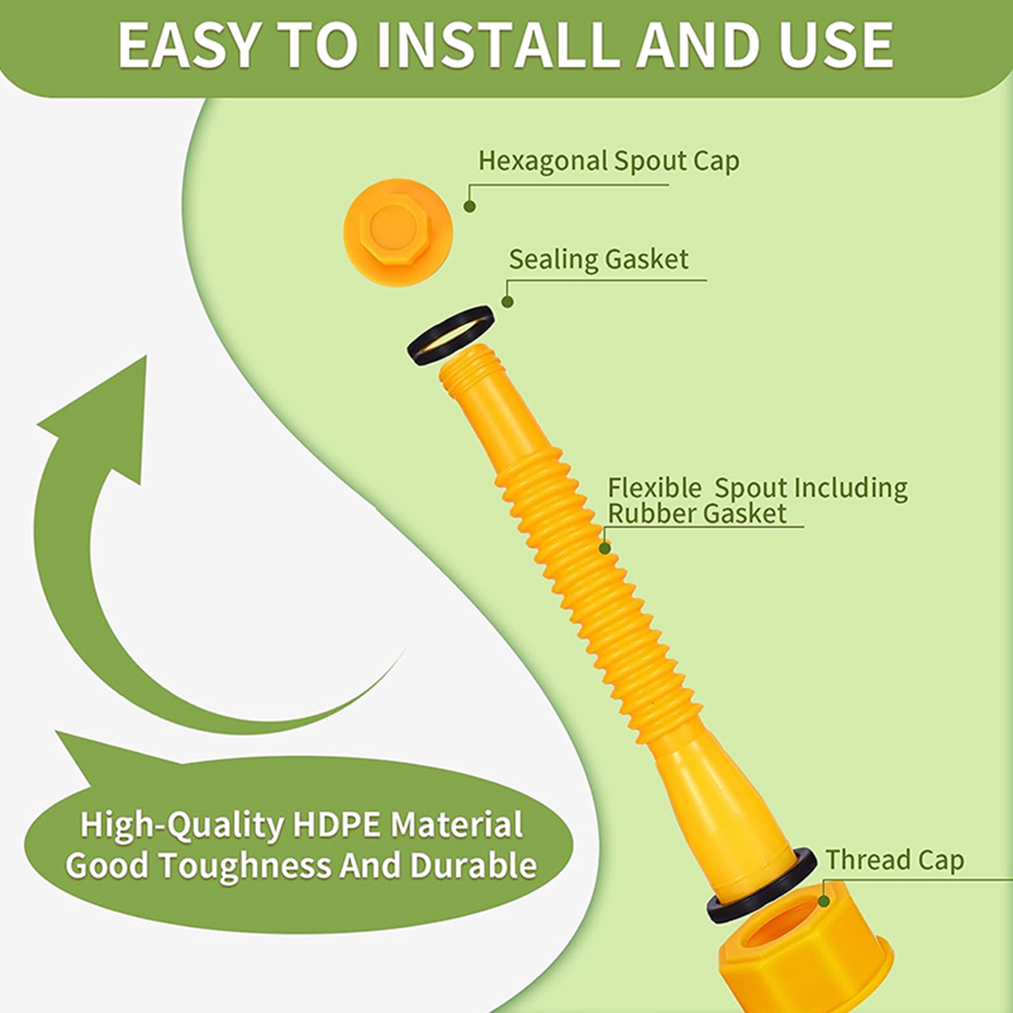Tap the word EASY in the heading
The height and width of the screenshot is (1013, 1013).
click(x=187, y=45)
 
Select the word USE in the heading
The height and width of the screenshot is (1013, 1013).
click(x=836, y=45)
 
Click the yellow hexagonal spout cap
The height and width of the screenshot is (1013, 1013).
click(x=398, y=232)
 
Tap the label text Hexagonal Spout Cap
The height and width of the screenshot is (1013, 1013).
click(x=608, y=161)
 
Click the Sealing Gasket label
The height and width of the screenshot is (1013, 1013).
click(x=598, y=260)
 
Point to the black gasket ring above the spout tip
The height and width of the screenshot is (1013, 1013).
click(x=450, y=334)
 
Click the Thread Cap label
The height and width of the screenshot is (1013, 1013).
click(x=895, y=860)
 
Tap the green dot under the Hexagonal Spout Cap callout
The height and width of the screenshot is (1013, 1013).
click(x=470, y=206)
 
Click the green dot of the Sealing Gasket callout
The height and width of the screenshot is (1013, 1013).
click(x=507, y=302)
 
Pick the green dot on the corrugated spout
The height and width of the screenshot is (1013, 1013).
click(x=605, y=548)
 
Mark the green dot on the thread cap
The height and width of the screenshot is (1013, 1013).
click(x=824, y=901)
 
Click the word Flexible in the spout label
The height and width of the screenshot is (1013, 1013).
click(x=655, y=488)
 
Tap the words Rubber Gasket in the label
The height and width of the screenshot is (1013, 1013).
click(x=697, y=513)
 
